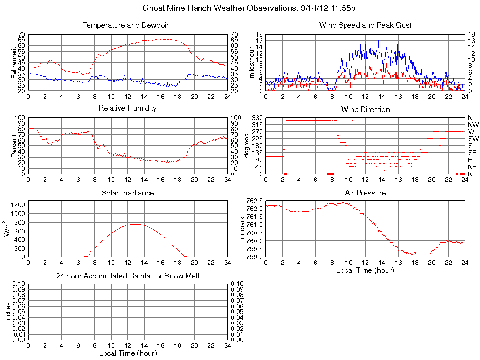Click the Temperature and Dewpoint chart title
tap(127, 25)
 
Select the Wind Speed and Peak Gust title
tap(365, 25)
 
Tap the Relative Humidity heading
tap(127, 108)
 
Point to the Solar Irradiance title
tap(127, 193)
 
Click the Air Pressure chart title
tap(365, 193)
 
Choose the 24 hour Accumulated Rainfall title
tap(127, 276)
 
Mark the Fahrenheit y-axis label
tap(14, 62)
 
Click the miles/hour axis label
tap(251, 62)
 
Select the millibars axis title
tap(243, 229)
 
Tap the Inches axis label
tap(8, 312)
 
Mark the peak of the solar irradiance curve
tap(135, 224)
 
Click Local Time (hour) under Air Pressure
tap(365, 270)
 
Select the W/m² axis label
tap(7, 229)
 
